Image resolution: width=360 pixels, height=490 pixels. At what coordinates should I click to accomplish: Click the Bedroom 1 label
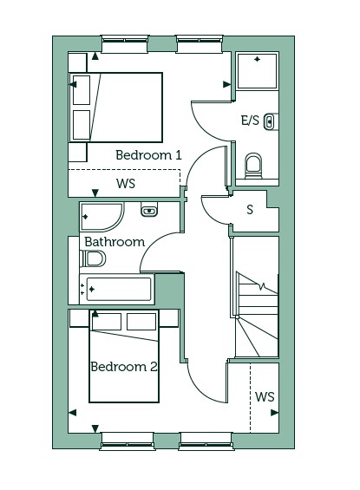(148, 155)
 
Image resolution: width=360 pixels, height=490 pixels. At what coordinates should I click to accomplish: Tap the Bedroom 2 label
(124, 367)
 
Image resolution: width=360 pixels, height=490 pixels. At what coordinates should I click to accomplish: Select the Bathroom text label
(115, 242)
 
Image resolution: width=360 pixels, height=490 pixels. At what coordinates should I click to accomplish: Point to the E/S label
(250, 120)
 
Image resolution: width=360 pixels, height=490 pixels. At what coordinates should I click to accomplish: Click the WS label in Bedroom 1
(126, 184)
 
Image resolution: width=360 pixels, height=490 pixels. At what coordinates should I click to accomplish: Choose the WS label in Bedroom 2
(265, 397)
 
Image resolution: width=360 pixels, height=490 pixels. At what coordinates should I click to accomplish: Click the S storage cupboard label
(250, 210)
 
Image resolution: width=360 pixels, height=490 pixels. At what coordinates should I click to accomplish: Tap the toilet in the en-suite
(253, 166)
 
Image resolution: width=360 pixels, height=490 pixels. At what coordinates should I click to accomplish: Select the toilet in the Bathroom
(93, 258)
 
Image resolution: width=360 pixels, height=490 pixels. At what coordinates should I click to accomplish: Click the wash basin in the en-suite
(271, 121)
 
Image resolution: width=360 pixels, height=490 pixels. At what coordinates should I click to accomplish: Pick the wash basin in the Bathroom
(149, 209)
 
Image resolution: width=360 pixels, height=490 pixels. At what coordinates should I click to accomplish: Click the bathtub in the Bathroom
(117, 290)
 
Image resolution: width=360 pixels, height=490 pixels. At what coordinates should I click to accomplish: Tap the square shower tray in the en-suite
(257, 71)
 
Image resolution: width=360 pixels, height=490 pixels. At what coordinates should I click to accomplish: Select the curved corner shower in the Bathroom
(101, 217)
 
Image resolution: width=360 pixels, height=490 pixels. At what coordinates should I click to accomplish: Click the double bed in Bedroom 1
(115, 108)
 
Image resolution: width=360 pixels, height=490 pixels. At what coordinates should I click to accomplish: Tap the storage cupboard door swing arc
(209, 214)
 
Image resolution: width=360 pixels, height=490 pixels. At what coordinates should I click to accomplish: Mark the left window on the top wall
(124, 40)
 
